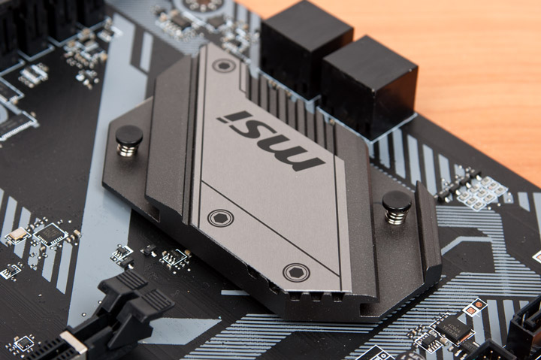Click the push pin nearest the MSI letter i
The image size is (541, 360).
tap(129, 140)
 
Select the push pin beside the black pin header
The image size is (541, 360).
tap(397, 207)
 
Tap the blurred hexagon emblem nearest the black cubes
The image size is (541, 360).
tap(223, 65)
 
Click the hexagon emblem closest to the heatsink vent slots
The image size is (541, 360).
tap(296, 272)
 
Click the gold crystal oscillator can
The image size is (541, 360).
tap(17, 235)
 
